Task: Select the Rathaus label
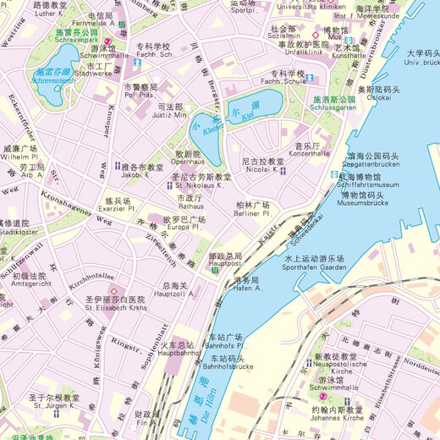click(190, 206)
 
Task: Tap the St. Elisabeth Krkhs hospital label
click(115, 308)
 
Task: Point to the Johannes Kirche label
click(336, 417)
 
